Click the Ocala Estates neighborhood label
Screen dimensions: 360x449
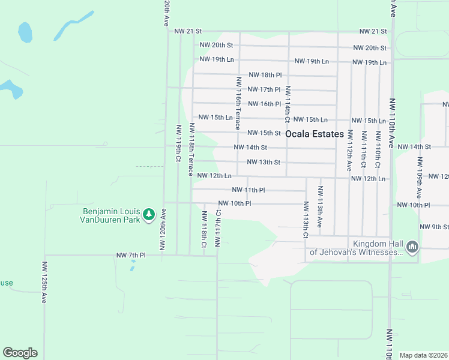click(x=315, y=134)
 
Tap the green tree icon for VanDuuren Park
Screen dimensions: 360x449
click(x=148, y=214)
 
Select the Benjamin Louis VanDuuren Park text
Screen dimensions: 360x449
click(x=111, y=215)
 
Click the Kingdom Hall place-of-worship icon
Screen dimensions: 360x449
click(x=412, y=247)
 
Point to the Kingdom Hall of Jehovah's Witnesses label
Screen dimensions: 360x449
click(x=356, y=248)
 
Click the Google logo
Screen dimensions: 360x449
click(x=20, y=353)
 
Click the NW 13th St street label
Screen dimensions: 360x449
click(x=264, y=162)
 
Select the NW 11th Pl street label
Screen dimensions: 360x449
click(x=248, y=190)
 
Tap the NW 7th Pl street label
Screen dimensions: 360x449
click(x=131, y=256)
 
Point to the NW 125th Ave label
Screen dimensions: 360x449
click(x=44, y=282)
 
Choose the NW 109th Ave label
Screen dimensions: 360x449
click(x=419, y=178)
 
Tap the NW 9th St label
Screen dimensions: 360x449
click(x=435, y=227)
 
